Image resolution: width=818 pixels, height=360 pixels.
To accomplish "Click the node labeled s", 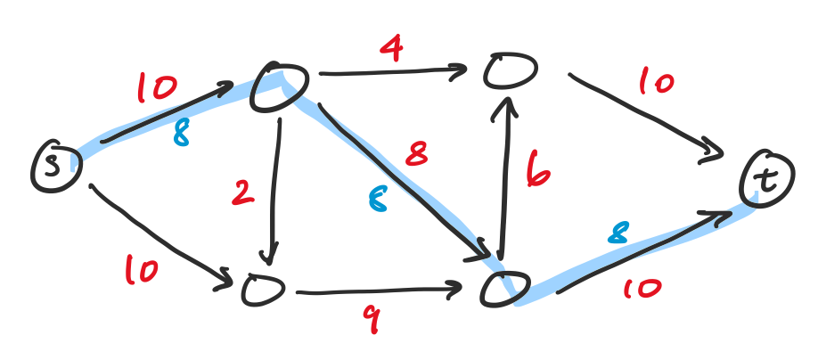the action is pos(56,167).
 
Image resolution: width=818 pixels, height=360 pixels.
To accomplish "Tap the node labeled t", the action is pos(767,179).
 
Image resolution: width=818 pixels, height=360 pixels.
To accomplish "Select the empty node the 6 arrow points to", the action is pos(510,70).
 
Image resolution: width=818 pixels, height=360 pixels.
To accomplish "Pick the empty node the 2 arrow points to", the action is pos(264,289).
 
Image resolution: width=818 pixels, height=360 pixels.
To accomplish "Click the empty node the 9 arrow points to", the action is pos(505,289).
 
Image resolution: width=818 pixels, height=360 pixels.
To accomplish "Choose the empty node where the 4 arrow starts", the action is pos(280,86).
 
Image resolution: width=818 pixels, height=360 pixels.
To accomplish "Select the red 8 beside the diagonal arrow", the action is pos(417,153).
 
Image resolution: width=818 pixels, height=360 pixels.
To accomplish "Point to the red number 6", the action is pos(537,169).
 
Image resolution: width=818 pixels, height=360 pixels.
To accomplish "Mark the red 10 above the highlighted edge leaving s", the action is pos(157,87).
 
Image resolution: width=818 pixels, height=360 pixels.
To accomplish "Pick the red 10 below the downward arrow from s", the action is pos(141,271).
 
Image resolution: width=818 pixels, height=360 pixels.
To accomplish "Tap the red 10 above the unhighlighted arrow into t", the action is pos(657,82).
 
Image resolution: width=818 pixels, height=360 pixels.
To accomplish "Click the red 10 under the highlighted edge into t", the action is pos(642,288).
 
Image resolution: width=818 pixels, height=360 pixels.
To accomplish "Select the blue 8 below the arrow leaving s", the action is pos(181,134).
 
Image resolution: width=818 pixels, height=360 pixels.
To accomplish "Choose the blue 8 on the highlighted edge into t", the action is pos(618,233).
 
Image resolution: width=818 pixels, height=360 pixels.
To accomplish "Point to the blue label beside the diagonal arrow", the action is pos(378,200).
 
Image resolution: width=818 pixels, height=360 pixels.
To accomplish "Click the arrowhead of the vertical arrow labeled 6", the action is pos(505,110).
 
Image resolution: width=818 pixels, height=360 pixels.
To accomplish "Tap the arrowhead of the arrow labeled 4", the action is pos(457,70).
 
